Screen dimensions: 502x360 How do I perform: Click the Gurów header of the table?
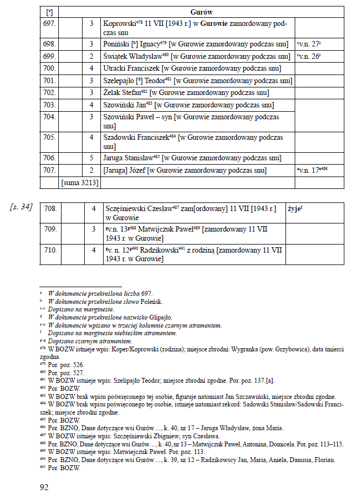pyautogui.click(x=201, y=11)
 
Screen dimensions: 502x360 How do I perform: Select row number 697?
pyautogui.click(x=49, y=24)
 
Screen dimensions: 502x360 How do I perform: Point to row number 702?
pyautogui.click(x=49, y=92)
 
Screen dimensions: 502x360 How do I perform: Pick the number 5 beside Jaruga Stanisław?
pyautogui.click(x=92, y=158)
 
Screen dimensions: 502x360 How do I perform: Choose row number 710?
pyautogui.click(x=50, y=250)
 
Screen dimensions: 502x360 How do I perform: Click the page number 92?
pyautogui.click(x=44, y=487)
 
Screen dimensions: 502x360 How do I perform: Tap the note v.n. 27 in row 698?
pyautogui.click(x=310, y=43)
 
